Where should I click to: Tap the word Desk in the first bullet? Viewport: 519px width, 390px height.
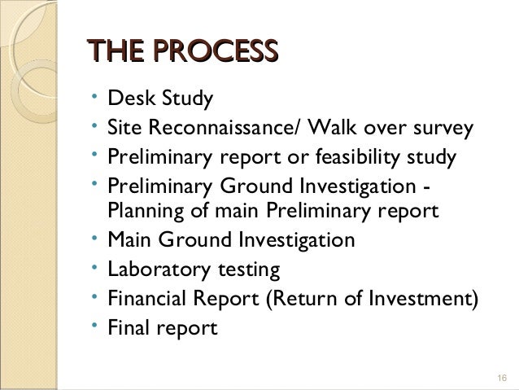[x=129, y=99]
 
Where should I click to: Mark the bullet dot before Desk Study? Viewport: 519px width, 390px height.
[x=95, y=97]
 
